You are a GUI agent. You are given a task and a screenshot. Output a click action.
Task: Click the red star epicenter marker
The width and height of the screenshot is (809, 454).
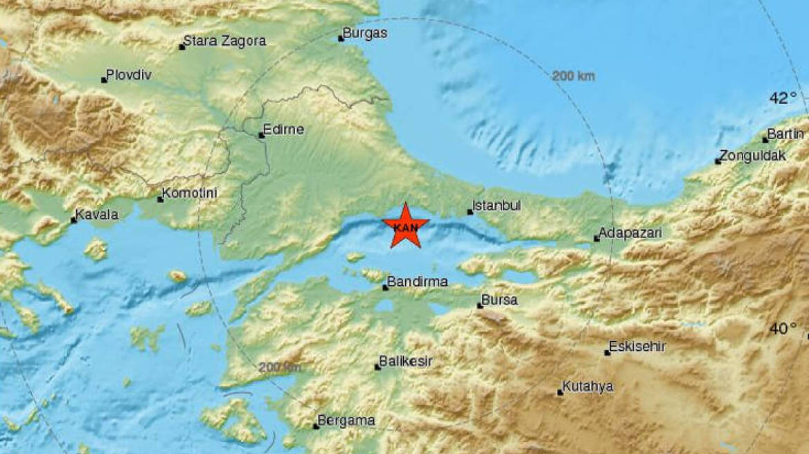405,226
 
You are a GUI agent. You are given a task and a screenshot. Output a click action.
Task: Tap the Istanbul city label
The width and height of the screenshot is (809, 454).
496,206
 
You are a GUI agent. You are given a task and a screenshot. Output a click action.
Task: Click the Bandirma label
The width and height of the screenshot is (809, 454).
417,282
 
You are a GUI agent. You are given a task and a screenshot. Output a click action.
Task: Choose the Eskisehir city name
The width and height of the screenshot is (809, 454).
638,347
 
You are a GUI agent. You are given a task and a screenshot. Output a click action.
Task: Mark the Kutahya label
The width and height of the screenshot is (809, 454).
589,387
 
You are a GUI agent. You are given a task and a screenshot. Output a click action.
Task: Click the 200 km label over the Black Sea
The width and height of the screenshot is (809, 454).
574,76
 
